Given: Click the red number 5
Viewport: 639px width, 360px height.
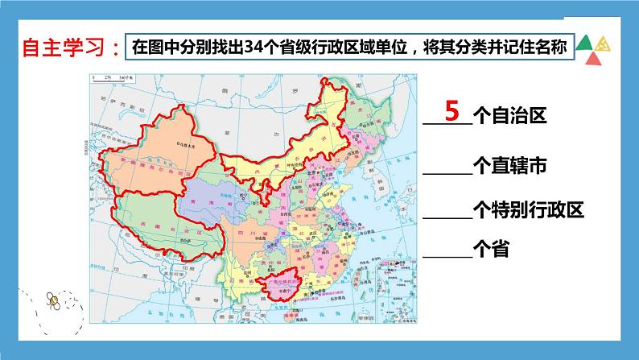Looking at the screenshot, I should (451, 110).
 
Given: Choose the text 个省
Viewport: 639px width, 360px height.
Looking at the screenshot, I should (493, 250).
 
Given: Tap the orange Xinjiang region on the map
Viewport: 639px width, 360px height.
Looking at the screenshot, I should (157, 161).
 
